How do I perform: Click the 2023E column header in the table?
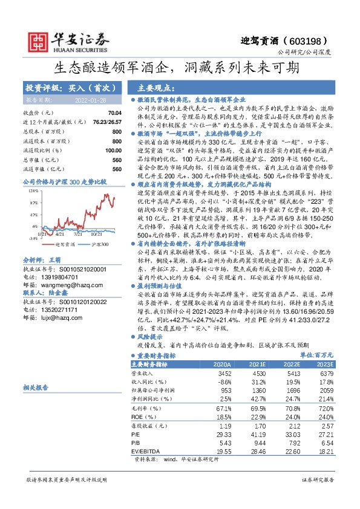[324, 365]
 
